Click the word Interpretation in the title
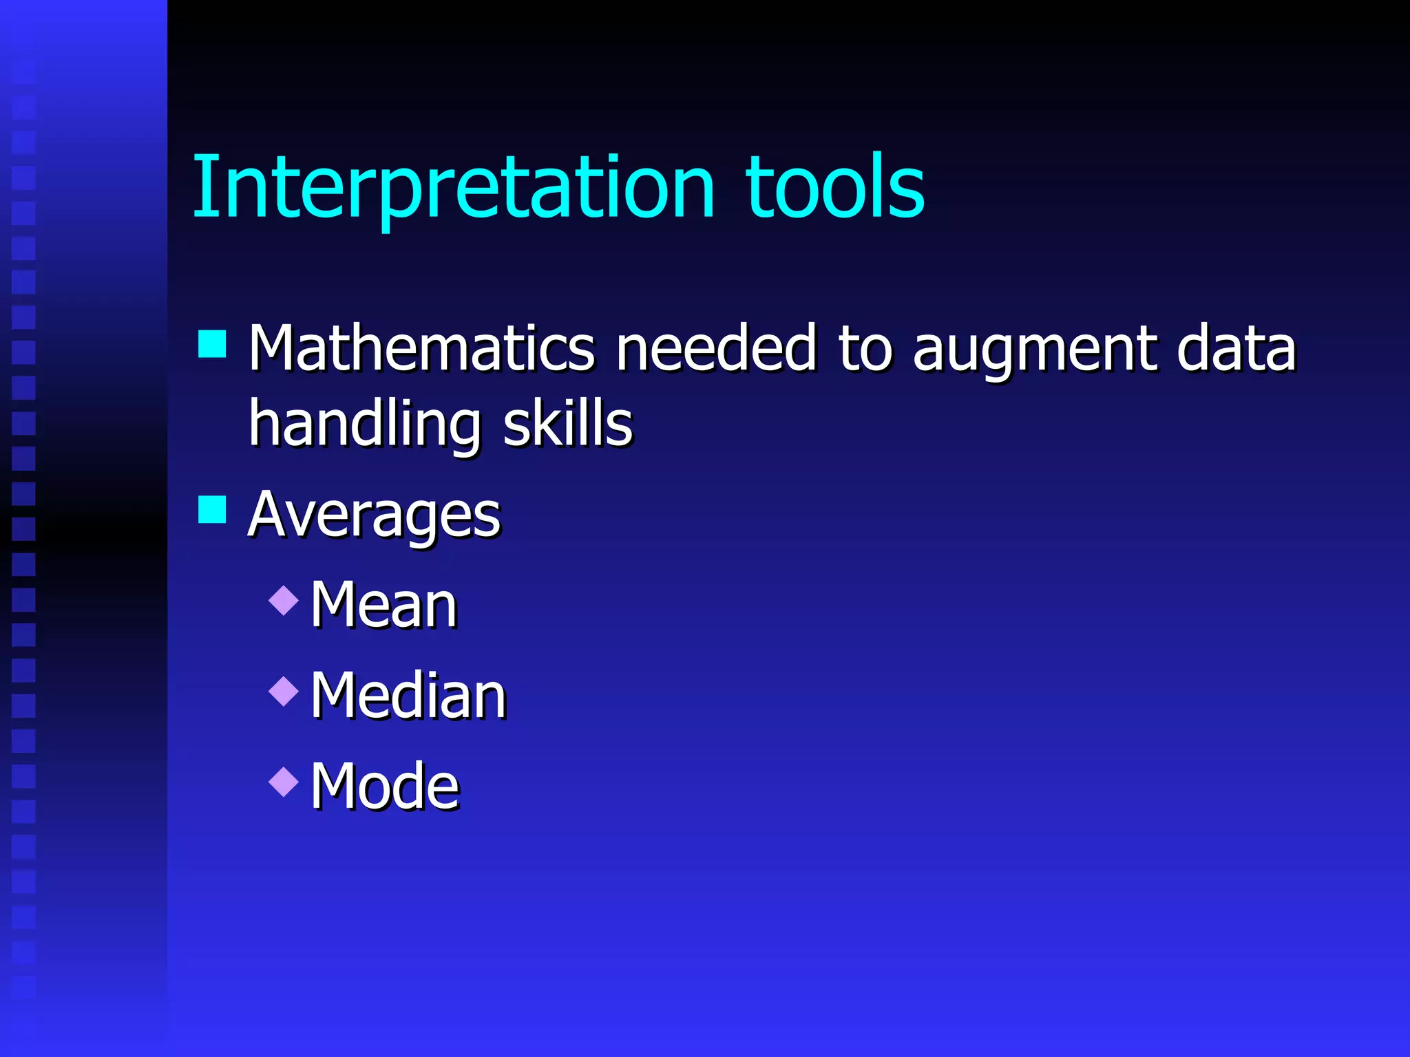click(453, 187)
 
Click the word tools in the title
click(834, 187)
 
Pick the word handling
click(364, 425)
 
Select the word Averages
click(374, 515)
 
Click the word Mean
click(383, 605)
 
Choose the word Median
click(408, 696)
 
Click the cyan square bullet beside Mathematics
click(212, 344)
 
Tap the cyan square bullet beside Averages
click(212, 510)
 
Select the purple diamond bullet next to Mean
click(284, 600)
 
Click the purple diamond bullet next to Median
click(284, 691)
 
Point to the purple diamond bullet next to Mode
click(284, 782)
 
